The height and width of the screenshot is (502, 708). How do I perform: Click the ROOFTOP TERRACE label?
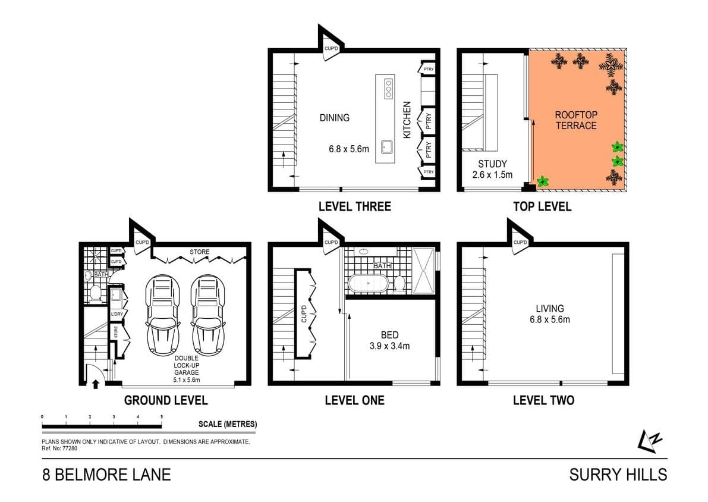click(575, 120)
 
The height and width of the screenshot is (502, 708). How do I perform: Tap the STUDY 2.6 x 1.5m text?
click(492, 170)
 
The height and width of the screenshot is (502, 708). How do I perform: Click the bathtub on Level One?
click(368, 283)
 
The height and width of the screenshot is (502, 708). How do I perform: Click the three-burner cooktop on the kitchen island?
click(389, 89)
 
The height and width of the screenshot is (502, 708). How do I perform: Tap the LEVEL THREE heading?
click(355, 207)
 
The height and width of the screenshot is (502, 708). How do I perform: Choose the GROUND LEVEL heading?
click(165, 400)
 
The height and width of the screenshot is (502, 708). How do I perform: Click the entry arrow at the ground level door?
click(95, 384)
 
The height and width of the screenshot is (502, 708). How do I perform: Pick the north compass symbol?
click(650, 440)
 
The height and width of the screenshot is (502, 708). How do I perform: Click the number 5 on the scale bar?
click(162, 418)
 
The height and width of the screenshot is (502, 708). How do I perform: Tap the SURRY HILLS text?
click(618, 475)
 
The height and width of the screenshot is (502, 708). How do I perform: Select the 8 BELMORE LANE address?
click(106, 475)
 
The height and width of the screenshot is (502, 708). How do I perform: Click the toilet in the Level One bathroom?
click(399, 283)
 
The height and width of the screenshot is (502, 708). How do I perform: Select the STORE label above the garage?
click(200, 252)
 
